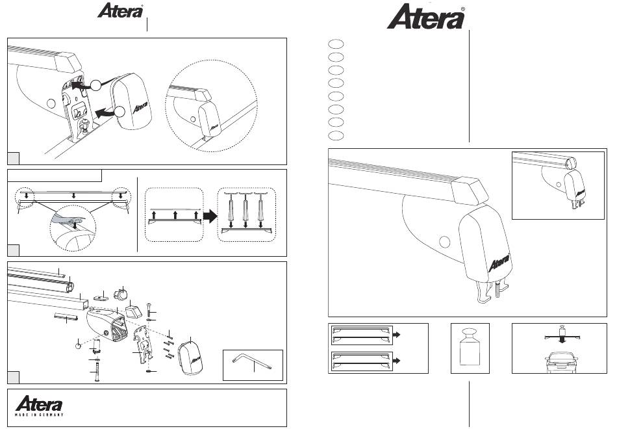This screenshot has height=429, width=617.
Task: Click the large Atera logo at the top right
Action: pos(426,17)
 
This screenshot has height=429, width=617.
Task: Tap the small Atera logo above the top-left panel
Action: pos(120,10)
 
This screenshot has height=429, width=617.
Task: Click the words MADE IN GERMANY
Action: pos(40,415)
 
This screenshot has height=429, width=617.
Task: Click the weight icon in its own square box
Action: pos(470,347)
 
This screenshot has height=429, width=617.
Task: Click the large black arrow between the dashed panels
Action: pos(210,216)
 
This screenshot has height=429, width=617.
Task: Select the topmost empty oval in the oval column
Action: pos(336,44)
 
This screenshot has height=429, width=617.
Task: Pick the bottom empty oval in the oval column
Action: pos(336,135)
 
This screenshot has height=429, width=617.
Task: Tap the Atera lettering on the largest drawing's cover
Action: pos(499,263)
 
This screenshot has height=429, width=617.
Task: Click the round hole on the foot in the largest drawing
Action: pos(445,242)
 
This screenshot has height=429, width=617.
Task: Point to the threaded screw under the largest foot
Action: pos(499,292)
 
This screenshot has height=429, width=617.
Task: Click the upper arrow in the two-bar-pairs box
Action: pos(397,335)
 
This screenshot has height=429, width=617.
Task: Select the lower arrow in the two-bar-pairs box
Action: pos(397,361)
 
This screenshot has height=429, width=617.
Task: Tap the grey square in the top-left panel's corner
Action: pos(14,159)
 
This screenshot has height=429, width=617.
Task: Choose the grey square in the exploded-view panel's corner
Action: pos(14,377)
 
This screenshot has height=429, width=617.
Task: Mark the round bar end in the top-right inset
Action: pos(571,162)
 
